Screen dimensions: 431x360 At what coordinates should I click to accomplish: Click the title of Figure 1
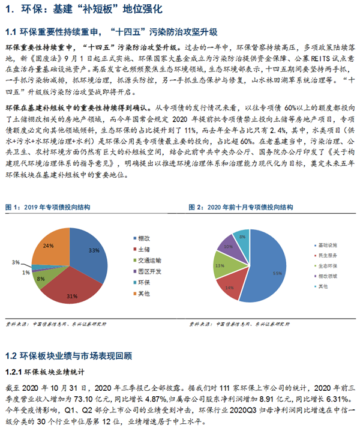pos(48,207)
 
